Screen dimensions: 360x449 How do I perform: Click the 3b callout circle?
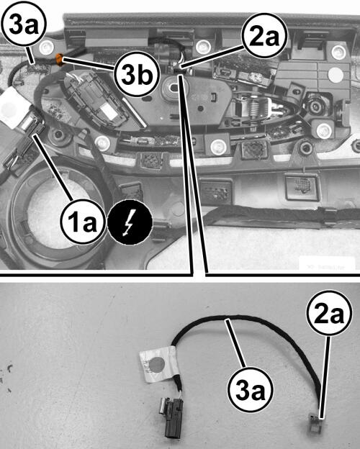coord(136,74)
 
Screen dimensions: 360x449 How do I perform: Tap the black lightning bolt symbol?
coord(130,222)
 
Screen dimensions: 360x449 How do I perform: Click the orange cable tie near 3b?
coord(59,60)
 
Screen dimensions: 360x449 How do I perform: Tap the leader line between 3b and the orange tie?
coord(89,65)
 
